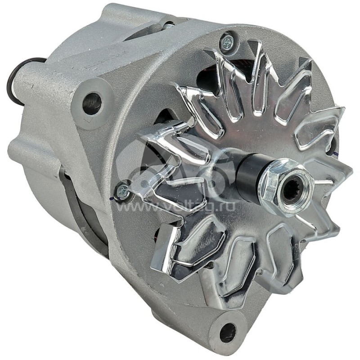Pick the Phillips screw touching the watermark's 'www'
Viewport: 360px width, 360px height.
122,191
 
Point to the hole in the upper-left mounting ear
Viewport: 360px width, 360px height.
92,103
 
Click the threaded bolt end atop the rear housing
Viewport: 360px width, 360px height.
169,25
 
